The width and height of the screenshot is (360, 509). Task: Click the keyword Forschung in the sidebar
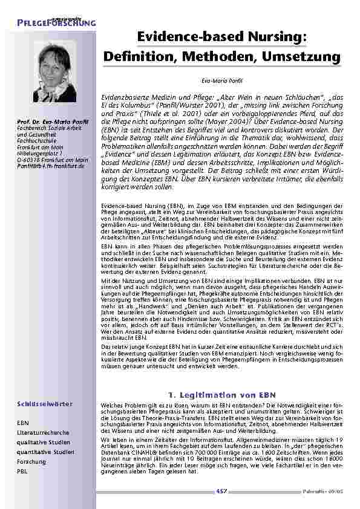31,461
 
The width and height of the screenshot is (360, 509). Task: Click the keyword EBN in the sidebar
23,424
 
